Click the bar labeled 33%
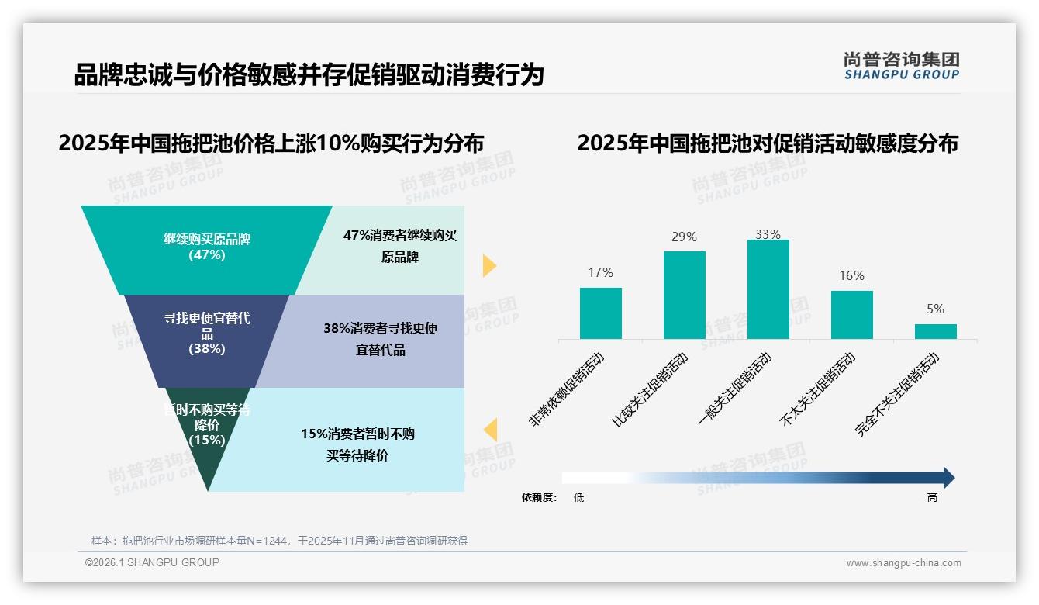pyautogui.click(x=768, y=289)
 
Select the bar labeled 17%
pyautogui.click(x=600, y=313)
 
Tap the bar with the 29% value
pyautogui.click(x=684, y=295)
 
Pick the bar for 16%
pyautogui.click(x=851, y=315)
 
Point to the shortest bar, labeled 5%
pyautogui.click(x=935, y=331)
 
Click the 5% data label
pyautogui.click(x=935, y=309)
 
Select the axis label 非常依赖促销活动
pyautogui.click(x=566, y=389)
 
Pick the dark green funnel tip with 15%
pyautogui.click(x=206, y=434)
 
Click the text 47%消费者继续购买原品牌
pyautogui.click(x=399, y=246)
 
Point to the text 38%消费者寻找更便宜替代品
pyautogui.click(x=380, y=339)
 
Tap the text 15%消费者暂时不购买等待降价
pyautogui.click(x=357, y=444)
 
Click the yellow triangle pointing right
pyautogui.click(x=488, y=265)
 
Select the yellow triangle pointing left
pyautogui.click(x=490, y=430)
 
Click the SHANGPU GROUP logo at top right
pyautogui.click(x=901, y=66)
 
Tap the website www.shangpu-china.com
pyautogui.click(x=903, y=563)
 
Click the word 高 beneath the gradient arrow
pyautogui.click(x=932, y=497)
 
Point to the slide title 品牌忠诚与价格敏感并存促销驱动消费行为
pyautogui.click(x=309, y=75)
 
